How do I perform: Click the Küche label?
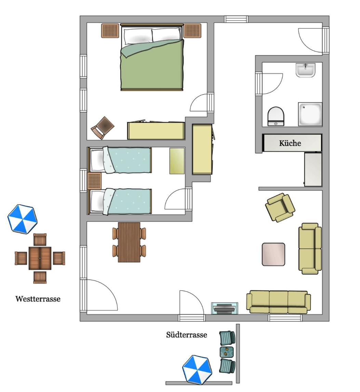[290, 143]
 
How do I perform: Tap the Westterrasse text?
[38, 299]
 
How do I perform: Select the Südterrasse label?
[187, 335]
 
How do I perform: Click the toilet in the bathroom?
[276, 116]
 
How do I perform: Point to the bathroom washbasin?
[305, 70]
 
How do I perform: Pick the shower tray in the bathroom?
[310, 114]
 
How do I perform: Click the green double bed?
[152, 57]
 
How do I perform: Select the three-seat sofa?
[278, 302]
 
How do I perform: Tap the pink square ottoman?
[274, 254]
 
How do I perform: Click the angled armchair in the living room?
[280, 207]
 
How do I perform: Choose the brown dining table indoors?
[129, 242]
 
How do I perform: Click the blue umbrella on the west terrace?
[23, 219]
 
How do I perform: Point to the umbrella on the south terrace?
[197, 369]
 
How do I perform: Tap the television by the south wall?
[225, 308]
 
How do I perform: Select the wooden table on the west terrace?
[40, 258]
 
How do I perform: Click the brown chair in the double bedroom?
[102, 127]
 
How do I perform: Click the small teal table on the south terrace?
[227, 352]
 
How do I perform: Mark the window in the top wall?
[236, 19]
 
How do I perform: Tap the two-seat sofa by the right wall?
[310, 248]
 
